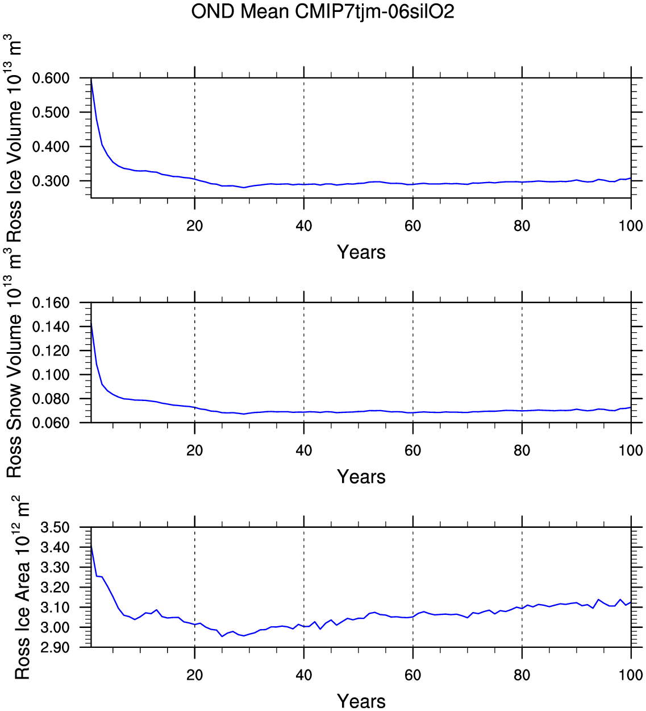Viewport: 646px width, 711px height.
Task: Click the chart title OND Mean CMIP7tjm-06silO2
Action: click(323, 11)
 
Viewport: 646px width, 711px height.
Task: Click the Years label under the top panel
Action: click(361, 252)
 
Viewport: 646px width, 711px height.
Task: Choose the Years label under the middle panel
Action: click(361, 477)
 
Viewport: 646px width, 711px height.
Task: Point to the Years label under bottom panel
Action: click(361, 701)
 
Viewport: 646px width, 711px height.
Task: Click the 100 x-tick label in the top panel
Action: click(631, 226)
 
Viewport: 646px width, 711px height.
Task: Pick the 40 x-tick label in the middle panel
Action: click(304, 450)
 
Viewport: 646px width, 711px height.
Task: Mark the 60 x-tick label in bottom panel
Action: click(413, 675)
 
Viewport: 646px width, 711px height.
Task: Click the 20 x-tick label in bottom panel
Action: click(195, 675)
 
